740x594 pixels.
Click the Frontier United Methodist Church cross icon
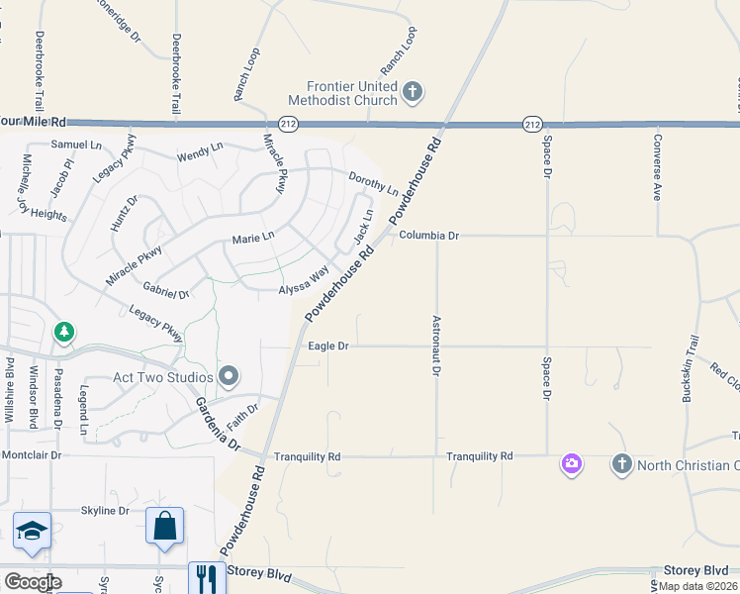tap(414, 93)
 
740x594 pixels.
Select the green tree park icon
tap(64, 331)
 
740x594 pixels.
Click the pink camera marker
tap(571, 463)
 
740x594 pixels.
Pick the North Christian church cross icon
tap(622, 463)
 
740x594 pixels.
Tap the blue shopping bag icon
tap(164, 526)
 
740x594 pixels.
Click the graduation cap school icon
tap(32, 532)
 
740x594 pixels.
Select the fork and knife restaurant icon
tap(207, 578)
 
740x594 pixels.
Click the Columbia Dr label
tap(428, 236)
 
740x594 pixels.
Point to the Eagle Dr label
tap(328, 346)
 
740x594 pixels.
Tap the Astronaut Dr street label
tap(435, 346)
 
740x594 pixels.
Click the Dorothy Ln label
tap(373, 182)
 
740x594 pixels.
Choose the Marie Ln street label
tap(252, 238)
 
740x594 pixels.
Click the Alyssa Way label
tap(303, 281)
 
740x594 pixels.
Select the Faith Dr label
tap(242, 416)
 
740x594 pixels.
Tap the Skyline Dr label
tap(105, 511)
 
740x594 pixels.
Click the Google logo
tap(32, 582)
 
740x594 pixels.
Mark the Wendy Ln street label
tap(199, 152)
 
